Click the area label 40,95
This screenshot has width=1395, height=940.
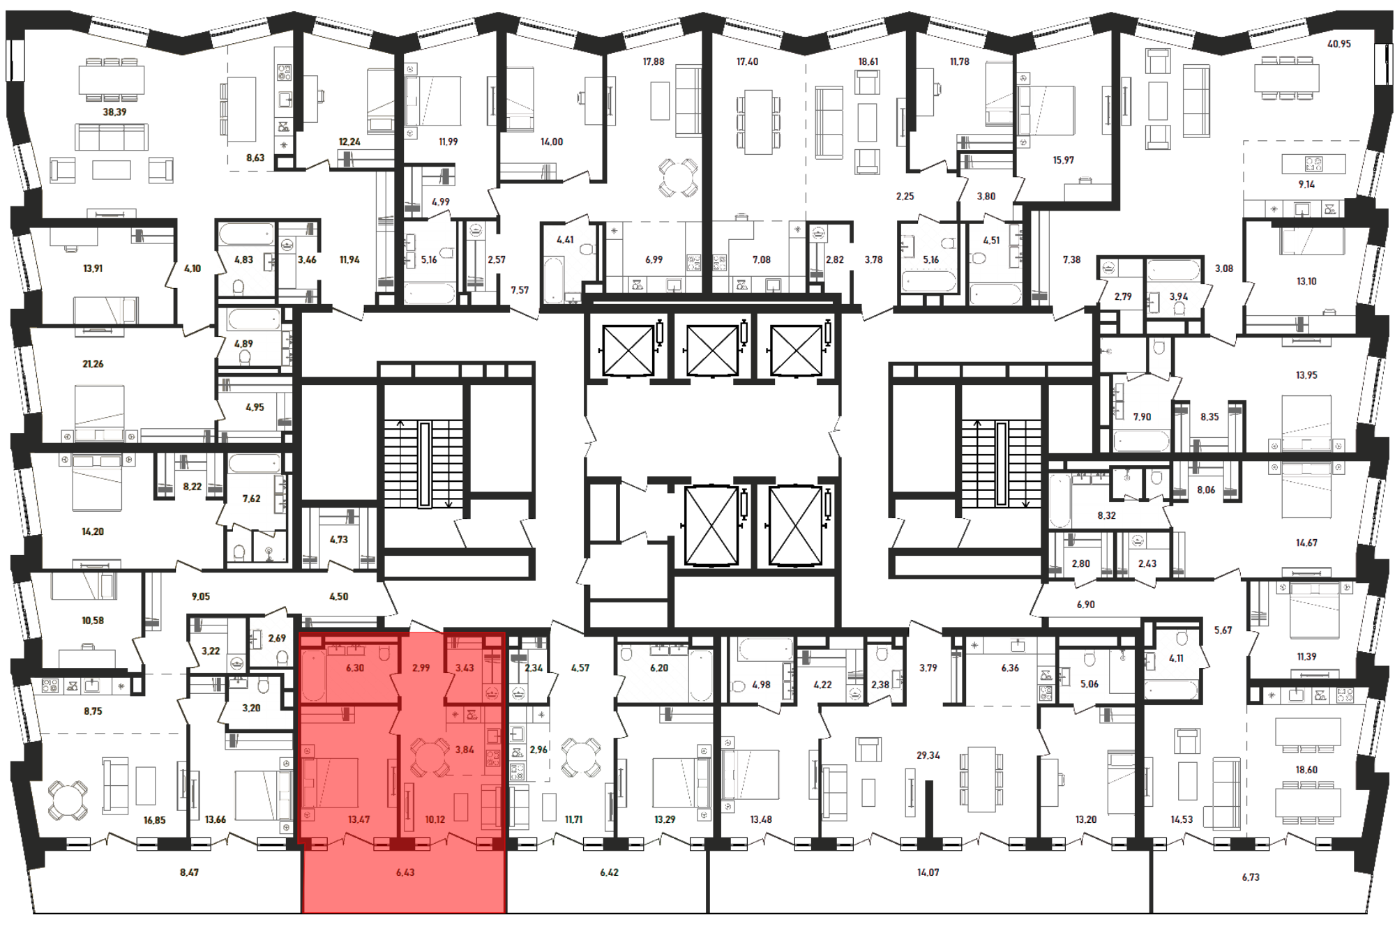pyautogui.click(x=1339, y=44)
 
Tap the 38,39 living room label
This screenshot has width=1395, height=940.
pyautogui.click(x=114, y=112)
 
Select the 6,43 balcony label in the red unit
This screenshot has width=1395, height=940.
pyautogui.click(x=405, y=872)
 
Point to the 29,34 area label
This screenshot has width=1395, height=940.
pyautogui.click(x=928, y=755)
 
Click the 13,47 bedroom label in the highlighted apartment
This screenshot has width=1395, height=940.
pyautogui.click(x=359, y=819)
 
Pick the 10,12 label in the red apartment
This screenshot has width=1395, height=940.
pyautogui.click(x=435, y=819)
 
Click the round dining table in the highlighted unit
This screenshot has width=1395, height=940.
pyautogui.click(x=430, y=757)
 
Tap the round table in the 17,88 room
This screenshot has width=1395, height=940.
pyautogui.click(x=678, y=177)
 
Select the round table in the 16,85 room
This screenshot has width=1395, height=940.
pyautogui.click(x=68, y=800)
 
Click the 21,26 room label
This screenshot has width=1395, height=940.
pyautogui.click(x=93, y=364)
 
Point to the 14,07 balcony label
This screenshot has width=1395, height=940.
pyautogui.click(x=928, y=872)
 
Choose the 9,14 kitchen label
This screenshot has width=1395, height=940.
pyautogui.click(x=1306, y=185)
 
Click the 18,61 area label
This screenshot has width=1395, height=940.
pyautogui.click(x=868, y=62)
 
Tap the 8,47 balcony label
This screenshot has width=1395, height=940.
pyautogui.click(x=189, y=872)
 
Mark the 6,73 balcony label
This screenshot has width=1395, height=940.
pyautogui.click(x=1251, y=877)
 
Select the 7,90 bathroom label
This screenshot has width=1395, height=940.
pyautogui.click(x=1142, y=417)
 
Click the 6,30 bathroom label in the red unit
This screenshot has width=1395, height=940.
pyautogui.click(x=355, y=668)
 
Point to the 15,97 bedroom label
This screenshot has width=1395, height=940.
pyautogui.click(x=1063, y=160)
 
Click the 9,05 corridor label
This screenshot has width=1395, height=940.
pyautogui.click(x=200, y=597)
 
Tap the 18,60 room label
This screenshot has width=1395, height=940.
pyautogui.click(x=1306, y=770)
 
